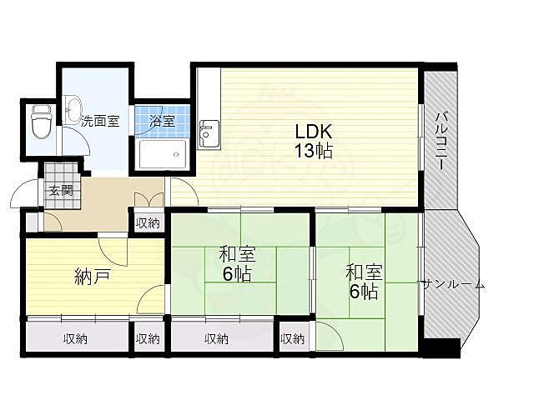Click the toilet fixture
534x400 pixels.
tap(39, 125)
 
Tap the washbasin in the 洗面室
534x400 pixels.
tap(73, 108)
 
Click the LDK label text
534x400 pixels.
tap(315, 132)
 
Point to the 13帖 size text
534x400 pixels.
tap(315, 151)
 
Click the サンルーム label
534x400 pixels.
tap(452, 284)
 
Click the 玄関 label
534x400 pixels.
tap(59, 190)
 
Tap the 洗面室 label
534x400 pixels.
tap(100, 121)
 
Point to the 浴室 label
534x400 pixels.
tap(162, 121)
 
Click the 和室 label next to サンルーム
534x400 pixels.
tap(364, 272)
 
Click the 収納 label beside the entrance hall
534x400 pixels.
tap(148, 222)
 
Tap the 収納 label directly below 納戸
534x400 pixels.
tap(75, 338)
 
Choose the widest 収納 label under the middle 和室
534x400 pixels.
tap(215, 338)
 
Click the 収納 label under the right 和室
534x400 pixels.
tap(292, 338)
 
